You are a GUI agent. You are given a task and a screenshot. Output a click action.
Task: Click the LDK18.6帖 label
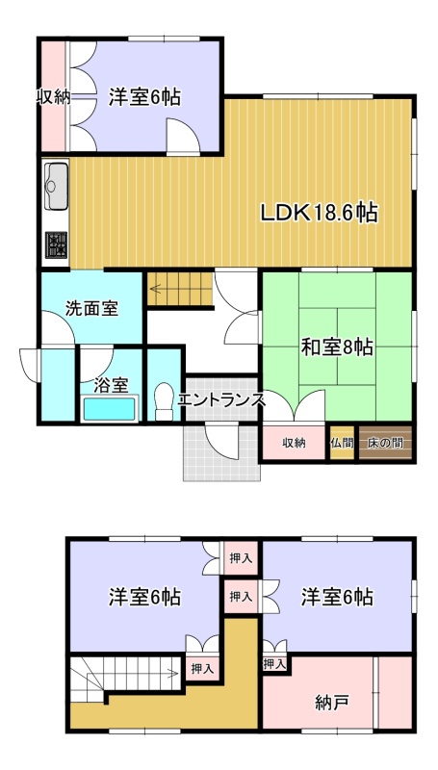click(319, 213)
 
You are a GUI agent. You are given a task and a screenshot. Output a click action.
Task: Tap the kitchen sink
click(56, 186)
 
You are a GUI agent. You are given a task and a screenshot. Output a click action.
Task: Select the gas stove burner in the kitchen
click(56, 244)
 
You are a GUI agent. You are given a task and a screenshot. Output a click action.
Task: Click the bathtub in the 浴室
click(110, 408)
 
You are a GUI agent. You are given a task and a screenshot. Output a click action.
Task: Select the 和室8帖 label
click(336, 348)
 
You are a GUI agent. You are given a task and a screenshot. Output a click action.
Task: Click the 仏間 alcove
click(342, 443)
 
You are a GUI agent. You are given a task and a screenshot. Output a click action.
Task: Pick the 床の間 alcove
click(385, 443)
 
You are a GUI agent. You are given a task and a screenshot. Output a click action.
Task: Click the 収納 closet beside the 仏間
click(295, 443)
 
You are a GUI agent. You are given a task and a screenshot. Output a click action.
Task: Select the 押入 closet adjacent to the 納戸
click(274, 664)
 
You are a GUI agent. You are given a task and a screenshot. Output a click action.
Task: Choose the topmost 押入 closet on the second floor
click(241, 557)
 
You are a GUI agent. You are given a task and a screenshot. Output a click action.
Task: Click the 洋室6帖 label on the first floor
click(144, 97)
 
